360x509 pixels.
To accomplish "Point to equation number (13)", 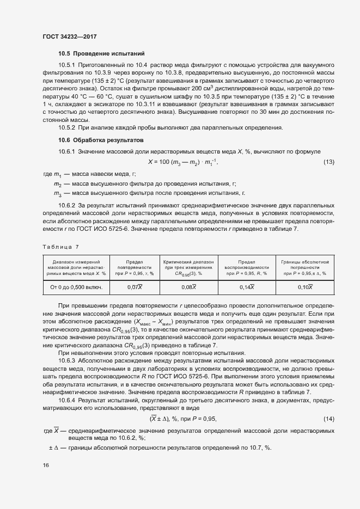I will pos(329,162).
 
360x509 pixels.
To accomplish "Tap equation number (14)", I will pos(329,419).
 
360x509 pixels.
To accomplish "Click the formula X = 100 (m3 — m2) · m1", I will pos(186,162).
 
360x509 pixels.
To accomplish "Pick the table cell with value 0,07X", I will pos(135,287).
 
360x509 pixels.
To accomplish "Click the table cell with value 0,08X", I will pos(188,287).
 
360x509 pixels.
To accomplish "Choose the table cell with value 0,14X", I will pos(247,287).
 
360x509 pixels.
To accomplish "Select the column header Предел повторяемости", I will pos(135,267).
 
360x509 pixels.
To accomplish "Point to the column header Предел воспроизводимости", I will pos(247,267).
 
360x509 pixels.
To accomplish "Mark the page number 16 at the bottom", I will pos(46,465).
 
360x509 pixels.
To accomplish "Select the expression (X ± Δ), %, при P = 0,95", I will pos(183,419).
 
